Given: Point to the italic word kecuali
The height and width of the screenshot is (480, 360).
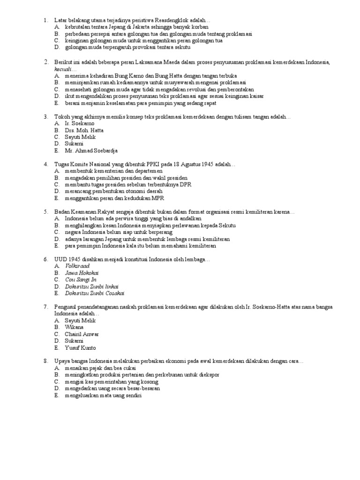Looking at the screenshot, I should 64,68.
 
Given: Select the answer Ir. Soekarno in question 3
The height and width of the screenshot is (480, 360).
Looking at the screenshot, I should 80,123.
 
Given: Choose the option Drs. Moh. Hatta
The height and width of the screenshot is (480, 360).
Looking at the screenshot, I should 84,130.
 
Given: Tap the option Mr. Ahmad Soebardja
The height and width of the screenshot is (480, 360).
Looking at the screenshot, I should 91,151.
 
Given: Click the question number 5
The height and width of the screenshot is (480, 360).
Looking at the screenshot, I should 46,212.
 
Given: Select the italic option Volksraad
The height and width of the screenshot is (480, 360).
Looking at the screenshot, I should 77,266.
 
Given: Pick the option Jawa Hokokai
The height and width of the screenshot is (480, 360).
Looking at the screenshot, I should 82,273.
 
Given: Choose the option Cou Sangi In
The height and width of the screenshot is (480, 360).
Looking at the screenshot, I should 81,280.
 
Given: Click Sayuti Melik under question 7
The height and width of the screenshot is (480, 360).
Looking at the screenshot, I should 80,321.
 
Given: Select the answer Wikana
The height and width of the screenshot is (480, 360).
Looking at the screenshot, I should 75,327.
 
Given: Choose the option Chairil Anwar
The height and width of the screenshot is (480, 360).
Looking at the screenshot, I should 82,334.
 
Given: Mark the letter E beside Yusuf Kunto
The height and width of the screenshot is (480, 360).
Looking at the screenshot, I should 56,348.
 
